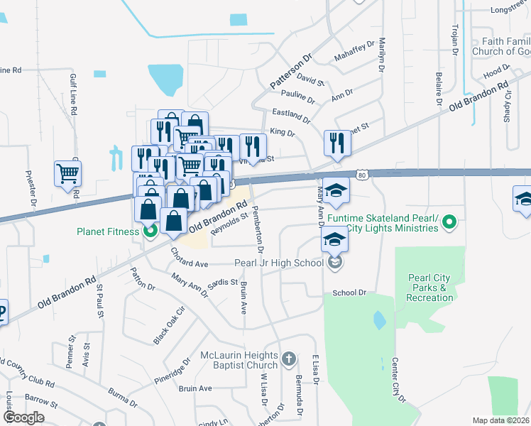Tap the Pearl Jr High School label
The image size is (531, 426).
(x=279, y=263)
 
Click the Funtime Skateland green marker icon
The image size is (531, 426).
(x=449, y=224)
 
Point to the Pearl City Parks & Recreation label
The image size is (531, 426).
(x=430, y=288)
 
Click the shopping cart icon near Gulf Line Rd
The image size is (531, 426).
(x=67, y=173)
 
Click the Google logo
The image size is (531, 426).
(x=23, y=417)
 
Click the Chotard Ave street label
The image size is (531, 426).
(x=189, y=264)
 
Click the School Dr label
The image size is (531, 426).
(x=349, y=293)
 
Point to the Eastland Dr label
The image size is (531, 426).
(x=292, y=116)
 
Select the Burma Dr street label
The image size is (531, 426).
(x=122, y=393)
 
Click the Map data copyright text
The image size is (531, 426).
(x=501, y=420)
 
